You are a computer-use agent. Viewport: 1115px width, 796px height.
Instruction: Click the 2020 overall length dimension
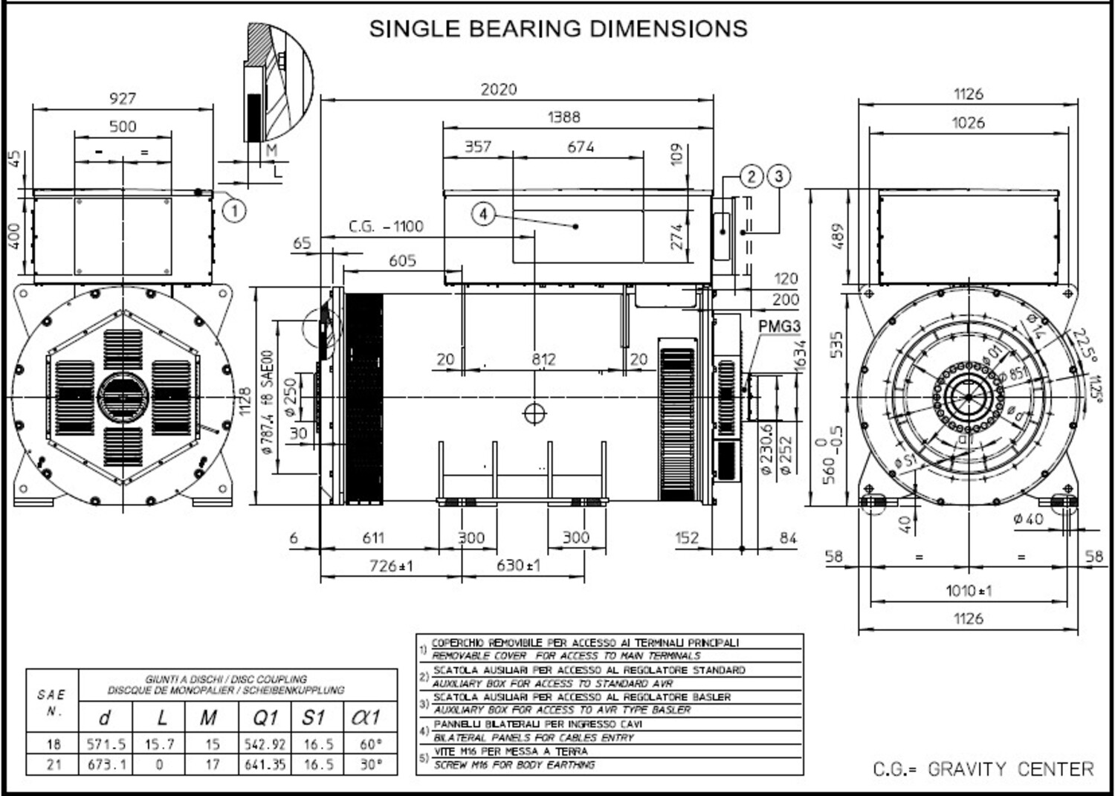[498, 89]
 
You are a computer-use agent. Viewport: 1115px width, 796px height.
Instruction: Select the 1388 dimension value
[563, 117]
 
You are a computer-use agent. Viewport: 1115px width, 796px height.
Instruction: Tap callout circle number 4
[483, 215]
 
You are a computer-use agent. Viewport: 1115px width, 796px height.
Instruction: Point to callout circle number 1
[235, 211]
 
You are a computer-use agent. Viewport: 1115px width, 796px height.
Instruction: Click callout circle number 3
[778, 176]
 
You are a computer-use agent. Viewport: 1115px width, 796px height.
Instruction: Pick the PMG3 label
[779, 326]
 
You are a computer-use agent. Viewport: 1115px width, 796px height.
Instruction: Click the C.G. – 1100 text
[386, 227]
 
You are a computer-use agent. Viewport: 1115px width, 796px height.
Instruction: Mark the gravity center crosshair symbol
[534, 413]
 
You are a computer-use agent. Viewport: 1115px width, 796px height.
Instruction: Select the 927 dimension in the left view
[123, 98]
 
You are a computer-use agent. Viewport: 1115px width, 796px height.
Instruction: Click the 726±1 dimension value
[391, 566]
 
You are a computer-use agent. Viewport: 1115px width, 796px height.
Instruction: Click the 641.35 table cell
[265, 764]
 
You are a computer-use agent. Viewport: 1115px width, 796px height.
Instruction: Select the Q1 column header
[265, 718]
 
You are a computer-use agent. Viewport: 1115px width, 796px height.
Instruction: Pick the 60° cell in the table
[369, 743]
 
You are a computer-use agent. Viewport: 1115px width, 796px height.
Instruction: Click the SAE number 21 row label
[54, 764]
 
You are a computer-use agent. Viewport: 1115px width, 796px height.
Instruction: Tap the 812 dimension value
[543, 360]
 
